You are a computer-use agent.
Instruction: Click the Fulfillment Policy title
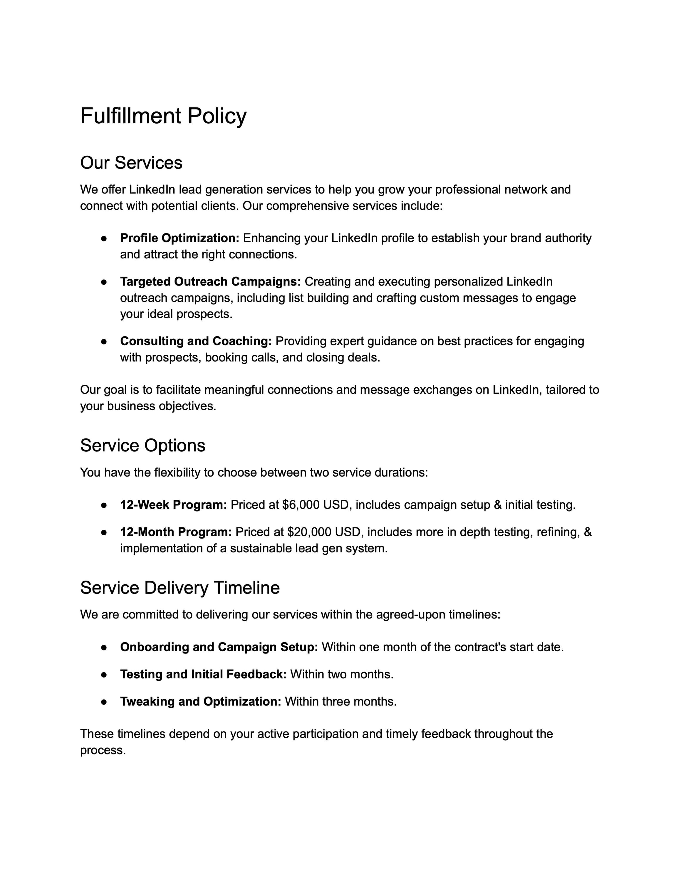click(163, 116)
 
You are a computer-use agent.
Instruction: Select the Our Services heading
click(131, 163)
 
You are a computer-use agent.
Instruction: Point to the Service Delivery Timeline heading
click(180, 588)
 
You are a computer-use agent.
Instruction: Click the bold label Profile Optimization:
click(180, 238)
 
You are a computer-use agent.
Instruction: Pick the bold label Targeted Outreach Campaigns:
click(210, 282)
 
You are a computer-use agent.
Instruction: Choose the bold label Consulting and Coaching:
click(196, 341)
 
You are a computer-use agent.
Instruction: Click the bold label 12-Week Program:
click(173, 505)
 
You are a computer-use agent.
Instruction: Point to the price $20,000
click(305, 532)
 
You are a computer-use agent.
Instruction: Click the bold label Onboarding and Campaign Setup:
click(219, 648)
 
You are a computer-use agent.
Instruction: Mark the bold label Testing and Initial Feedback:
click(203, 675)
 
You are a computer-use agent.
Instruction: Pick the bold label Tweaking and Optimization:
click(200, 702)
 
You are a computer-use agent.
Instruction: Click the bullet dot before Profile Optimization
click(104, 239)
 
